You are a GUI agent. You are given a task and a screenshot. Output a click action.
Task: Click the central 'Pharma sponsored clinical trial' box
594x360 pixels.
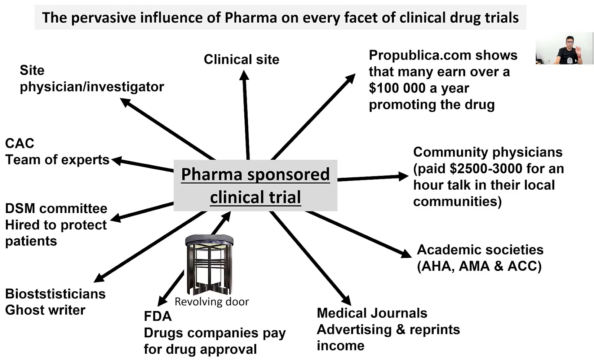click(255, 185)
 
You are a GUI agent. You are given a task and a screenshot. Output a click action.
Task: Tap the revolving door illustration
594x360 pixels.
click(209, 264)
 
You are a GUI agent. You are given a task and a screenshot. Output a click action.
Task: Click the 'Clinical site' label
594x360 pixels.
click(241, 59)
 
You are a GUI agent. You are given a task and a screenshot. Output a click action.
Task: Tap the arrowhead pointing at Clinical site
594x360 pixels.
click(244, 75)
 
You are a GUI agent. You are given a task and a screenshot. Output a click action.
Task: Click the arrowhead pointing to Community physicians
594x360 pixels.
click(403, 176)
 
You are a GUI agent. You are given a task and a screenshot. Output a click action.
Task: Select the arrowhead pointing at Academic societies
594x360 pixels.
click(406, 254)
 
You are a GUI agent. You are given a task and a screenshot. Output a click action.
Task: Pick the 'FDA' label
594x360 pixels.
click(158, 316)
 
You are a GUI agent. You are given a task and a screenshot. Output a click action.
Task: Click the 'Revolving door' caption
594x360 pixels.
click(212, 302)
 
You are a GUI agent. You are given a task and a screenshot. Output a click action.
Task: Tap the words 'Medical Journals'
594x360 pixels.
click(372, 313)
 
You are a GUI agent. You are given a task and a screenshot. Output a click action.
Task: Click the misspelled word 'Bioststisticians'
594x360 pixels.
click(55, 294)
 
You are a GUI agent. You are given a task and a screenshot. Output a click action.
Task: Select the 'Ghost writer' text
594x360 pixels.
click(45, 310)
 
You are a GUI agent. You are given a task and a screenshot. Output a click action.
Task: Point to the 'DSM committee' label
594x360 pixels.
click(56, 209)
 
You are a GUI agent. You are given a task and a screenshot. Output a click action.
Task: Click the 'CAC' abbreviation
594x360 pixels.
click(20, 143)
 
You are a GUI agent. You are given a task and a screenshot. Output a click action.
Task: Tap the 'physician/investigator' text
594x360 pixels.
click(92, 87)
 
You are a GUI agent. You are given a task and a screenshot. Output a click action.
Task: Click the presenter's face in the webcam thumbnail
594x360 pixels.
click(570, 42)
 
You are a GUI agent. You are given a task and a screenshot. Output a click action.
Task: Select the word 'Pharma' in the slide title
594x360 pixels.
click(251, 18)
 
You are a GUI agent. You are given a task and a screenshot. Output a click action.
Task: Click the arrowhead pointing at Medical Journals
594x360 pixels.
click(346, 300)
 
